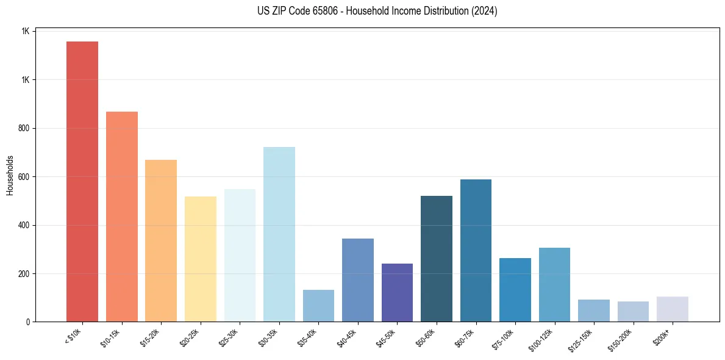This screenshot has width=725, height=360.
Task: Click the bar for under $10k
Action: pos(82,182)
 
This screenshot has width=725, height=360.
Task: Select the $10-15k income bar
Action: pos(121,217)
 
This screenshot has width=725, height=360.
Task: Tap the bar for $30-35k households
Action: pos(279,234)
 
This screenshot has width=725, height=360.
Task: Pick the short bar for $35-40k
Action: pos(318,306)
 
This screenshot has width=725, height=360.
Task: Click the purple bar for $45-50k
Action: pos(397,293)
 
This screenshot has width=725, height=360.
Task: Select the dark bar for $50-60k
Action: pos(437,259)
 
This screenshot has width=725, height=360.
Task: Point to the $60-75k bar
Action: pos(476,251)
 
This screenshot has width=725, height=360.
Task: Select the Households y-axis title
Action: pos(10,175)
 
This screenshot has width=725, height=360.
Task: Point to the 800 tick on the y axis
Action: pos(23,128)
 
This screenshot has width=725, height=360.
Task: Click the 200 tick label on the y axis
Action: pos(23,273)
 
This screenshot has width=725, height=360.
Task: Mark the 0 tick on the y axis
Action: pos(27,322)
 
